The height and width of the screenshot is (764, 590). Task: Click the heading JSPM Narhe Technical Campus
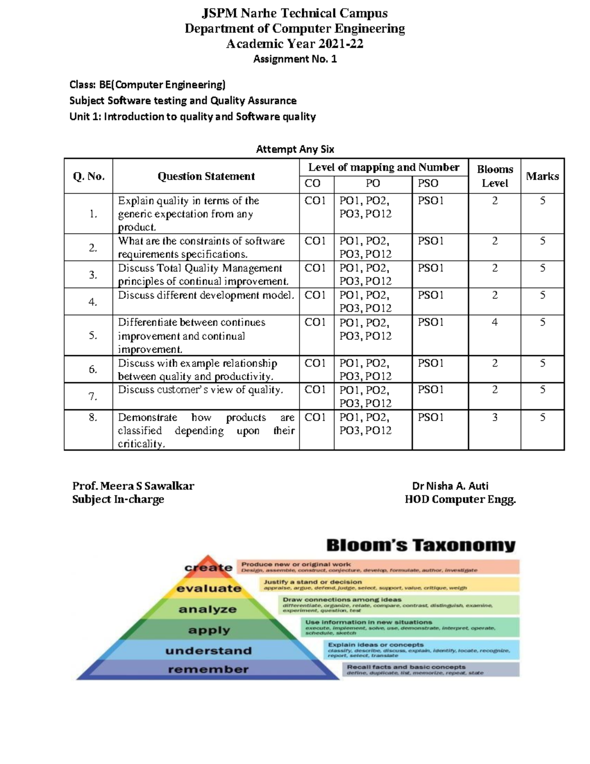click(x=295, y=13)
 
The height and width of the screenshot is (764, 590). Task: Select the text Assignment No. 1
click(x=295, y=59)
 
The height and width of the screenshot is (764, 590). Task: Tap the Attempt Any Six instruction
click(x=295, y=149)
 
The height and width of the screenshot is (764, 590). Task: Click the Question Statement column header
click(x=206, y=176)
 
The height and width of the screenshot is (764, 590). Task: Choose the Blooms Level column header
click(x=495, y=176)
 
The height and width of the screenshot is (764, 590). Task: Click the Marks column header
click(x=542, y=176)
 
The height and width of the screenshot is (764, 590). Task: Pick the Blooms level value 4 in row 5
click(x=495, y=322)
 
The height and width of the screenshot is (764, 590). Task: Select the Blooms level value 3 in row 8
click(x=495, y=417)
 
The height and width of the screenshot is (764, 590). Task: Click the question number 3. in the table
click(x=93, y=275)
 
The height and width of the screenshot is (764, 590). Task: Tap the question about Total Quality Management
click(x=203, y=275)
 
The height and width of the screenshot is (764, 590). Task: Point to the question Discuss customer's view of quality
click(x=201, y=390)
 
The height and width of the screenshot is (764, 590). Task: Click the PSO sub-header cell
click(x=428, y=183)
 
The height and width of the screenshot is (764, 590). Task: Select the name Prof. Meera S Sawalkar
click(x=133, y=486)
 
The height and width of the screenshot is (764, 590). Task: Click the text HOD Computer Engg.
click(x=460, y=499)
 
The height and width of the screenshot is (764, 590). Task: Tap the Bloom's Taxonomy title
click(x=421, y=545)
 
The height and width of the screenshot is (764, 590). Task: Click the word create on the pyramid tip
click(x=208, y=568)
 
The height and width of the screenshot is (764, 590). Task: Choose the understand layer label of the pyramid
click(x=208, y=651)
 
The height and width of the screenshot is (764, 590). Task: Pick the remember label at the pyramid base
click(x=208, y=670)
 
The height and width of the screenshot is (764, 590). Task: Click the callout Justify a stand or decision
click(x=313, y=581)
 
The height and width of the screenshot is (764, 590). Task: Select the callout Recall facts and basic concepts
click(x=406, y=667)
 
